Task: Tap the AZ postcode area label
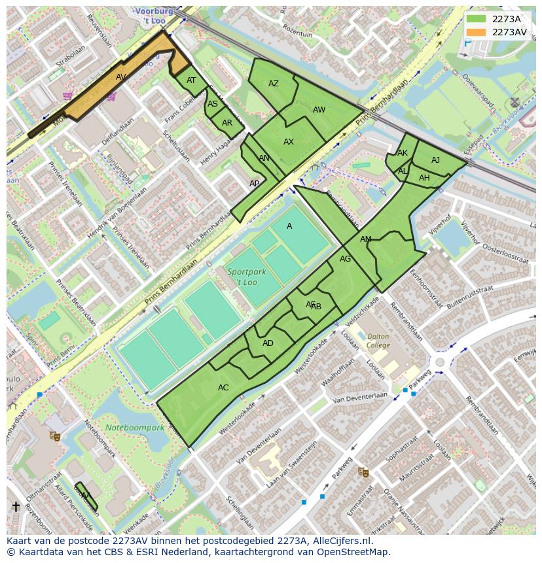click(274, 84)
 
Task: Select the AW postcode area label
click(319, 110)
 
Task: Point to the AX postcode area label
click(289, 142)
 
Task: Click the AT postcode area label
click(191, 81)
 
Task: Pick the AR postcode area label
click(227, 123)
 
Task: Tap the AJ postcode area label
click(435, 160)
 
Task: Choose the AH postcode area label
click(424, 178)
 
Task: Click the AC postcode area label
click(223, 388)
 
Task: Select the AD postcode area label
click(268, 343)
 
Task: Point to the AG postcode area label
click(346, 259)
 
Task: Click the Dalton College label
click(378, 341)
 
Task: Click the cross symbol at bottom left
click(16, 507)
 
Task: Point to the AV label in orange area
click(121, 77)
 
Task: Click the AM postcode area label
click(366, 239)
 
